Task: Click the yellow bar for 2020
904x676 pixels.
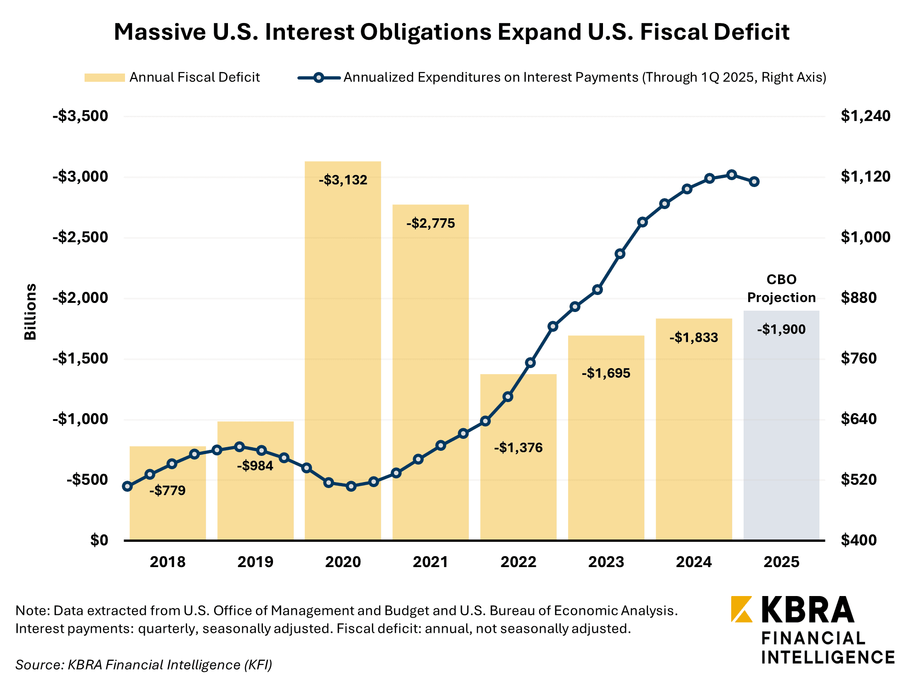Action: [x=343, y=349]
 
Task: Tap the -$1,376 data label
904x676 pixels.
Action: [x=518, y=448]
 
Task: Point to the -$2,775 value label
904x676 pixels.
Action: [x=431, y=224]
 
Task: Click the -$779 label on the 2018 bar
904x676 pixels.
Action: [x=167, y=491]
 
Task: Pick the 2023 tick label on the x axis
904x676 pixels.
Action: [x=606, y=562]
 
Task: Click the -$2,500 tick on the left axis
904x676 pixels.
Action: [x=80, y=238]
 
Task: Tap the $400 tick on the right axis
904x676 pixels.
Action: [x=859, y=540]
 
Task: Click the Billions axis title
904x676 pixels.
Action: [x=30, y=312]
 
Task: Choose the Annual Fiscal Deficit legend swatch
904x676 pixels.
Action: [x=105, y=78]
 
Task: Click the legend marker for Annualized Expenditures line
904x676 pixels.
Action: [x=318, y=78]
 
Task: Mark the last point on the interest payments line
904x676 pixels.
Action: [x=754, y=182]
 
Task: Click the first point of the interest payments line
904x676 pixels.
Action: [x=128, y=486]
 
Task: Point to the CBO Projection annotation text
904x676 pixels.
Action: [x=781, y=289]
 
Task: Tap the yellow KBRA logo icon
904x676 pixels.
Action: [x=741, y=609]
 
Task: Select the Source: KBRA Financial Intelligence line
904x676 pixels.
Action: [x=144, y=665]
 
